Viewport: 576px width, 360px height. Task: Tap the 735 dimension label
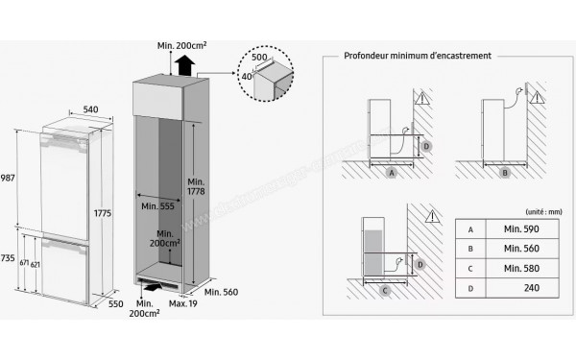(x=8, y=259)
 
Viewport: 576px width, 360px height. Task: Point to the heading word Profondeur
(x=367, y=56)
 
